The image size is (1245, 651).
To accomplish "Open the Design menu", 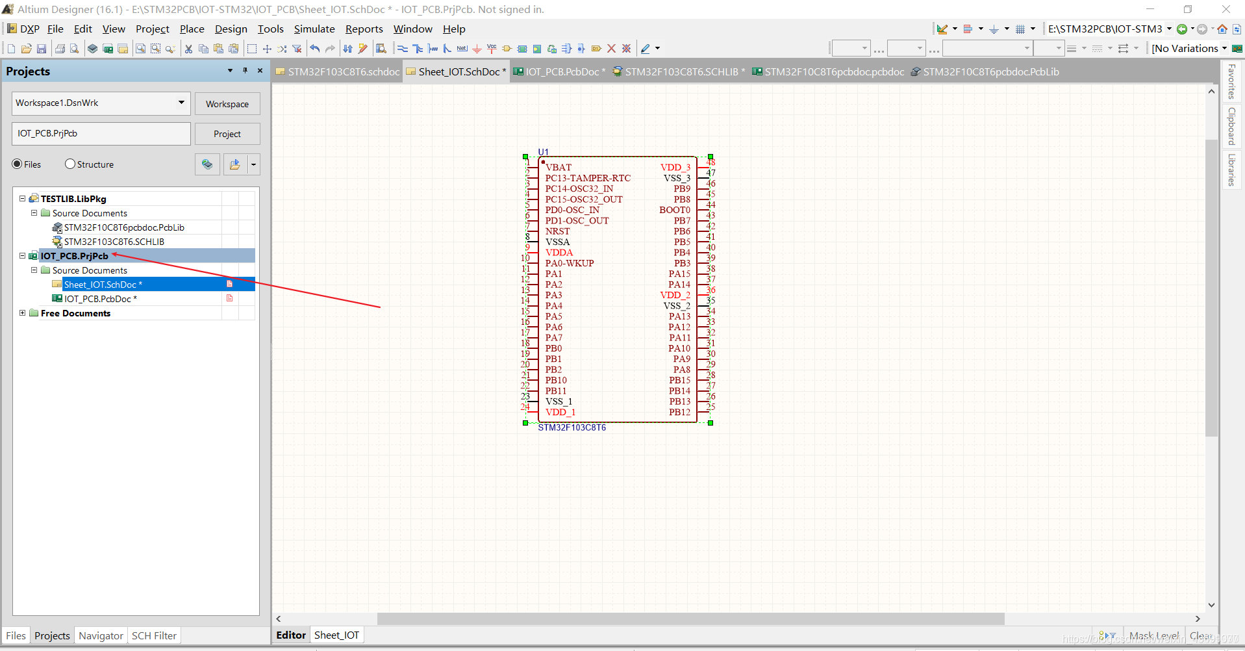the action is [231, 29].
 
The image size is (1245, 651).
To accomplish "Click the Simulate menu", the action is [314, 29].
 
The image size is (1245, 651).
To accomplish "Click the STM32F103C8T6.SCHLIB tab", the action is [681, 72].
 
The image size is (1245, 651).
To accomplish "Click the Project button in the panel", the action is [227, 134].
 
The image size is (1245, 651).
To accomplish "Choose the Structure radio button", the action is [71, 164].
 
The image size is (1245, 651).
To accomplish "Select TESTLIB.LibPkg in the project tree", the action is [73, 199].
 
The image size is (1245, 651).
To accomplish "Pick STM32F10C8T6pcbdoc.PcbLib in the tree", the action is [124, 227].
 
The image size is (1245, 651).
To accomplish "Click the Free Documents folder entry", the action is [75, 313].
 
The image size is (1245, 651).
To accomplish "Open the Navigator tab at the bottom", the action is [101, 635].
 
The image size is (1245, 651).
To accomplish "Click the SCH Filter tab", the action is [154, 635].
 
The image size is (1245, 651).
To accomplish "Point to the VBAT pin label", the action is [559, 168].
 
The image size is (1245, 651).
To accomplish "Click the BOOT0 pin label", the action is [675, 210].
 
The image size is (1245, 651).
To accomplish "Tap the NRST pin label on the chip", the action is [557, 231].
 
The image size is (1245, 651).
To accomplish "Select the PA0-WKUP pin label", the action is [570, 263].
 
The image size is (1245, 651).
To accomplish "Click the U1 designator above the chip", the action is [544, 152].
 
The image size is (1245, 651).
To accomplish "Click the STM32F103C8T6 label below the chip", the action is [572, 428].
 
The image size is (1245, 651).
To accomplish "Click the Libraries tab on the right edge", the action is [1231, 170].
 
